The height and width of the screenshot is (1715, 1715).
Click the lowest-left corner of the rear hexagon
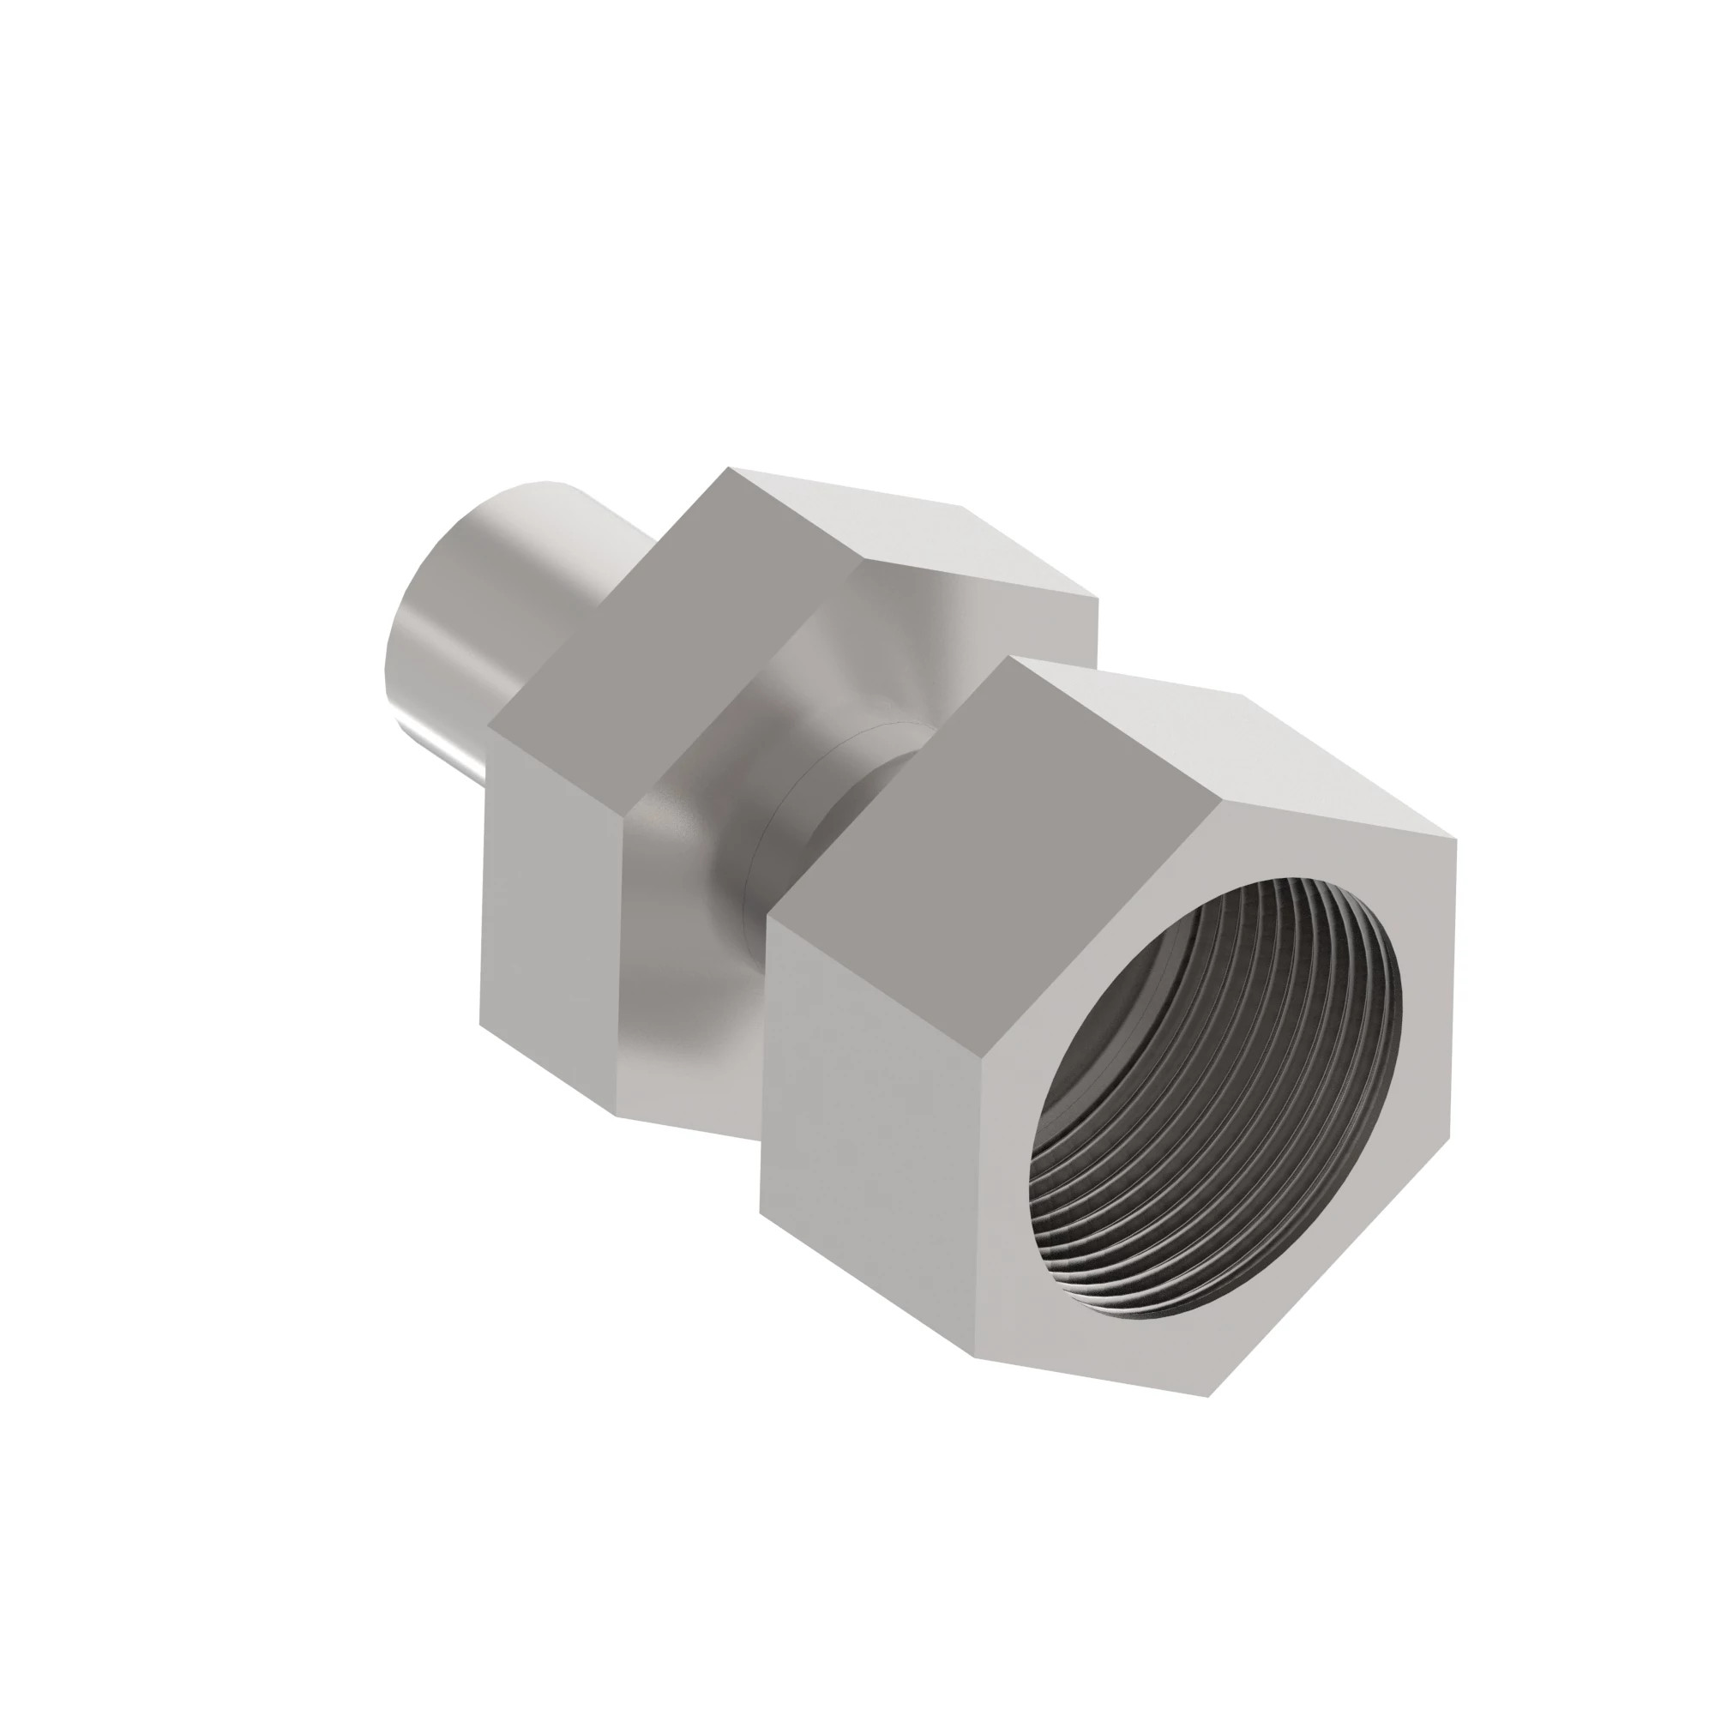click(x=480, y=1024)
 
